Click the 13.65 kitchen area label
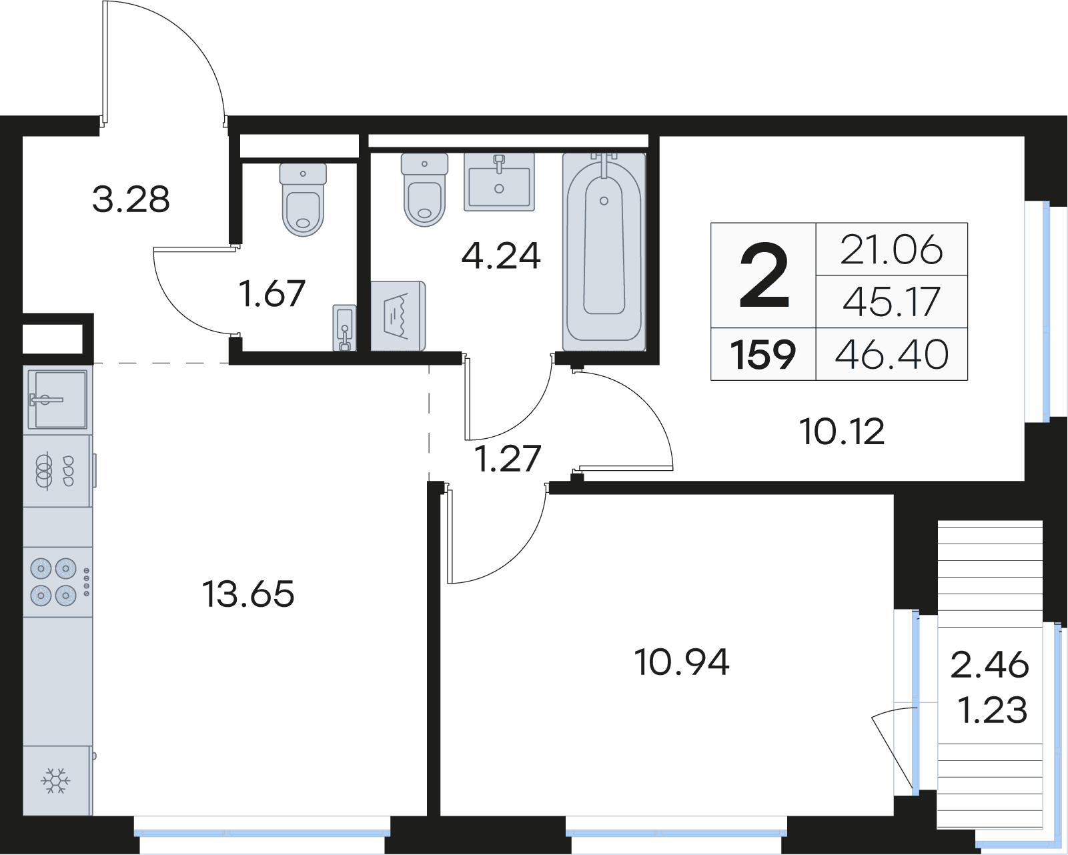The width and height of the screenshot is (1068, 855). [x=248, y=594]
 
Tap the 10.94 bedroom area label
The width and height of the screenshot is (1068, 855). [x=682, y=662]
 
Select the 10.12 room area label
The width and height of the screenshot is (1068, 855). [x=842, y=432]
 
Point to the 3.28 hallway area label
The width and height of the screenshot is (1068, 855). [x=131, y=199]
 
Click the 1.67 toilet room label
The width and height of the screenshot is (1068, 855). [x=272, y=293]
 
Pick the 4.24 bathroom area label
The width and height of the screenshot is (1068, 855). [x=501, y=256]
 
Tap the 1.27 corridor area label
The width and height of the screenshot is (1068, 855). [x=507, y=458]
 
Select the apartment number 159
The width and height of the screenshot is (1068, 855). [x=762, y=354]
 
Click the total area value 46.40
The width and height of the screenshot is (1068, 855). [x=892, y=354]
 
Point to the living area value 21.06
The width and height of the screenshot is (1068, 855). [x=892, y=249]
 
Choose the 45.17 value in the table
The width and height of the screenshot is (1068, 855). [x=892, y=301]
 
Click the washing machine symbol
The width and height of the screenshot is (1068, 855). [x=398, y=316]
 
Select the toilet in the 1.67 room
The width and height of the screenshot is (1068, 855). [x=303, y=199]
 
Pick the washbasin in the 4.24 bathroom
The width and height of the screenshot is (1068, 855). [x=499, y=181]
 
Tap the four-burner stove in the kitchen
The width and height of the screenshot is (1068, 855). [x=57, y=582]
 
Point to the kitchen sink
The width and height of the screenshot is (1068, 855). [x=57, y=399]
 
